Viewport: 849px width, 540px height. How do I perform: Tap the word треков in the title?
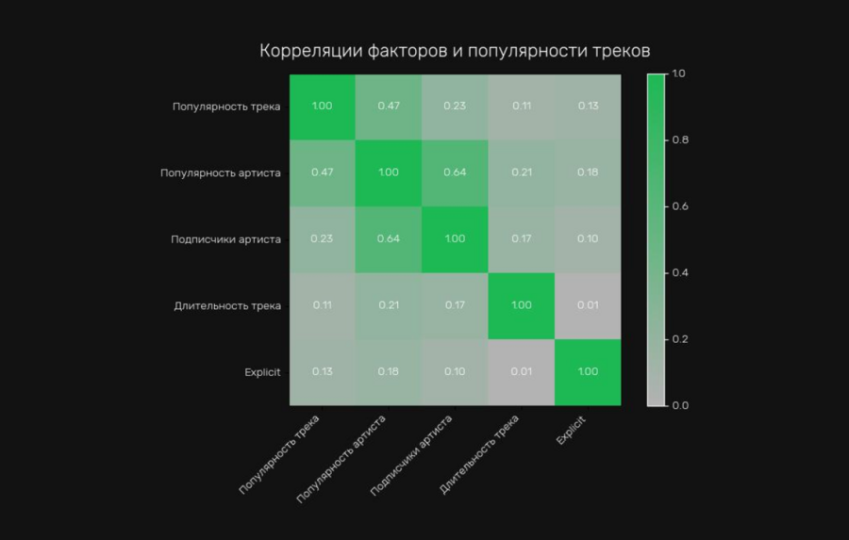coord(619,51)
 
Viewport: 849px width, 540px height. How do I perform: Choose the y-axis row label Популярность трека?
coord(226,106)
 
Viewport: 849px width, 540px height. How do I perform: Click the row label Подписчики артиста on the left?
coord(226,239)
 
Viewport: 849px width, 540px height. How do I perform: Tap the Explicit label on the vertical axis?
coord(262,372)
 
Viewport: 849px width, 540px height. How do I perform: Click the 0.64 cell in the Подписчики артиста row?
coord(389,239)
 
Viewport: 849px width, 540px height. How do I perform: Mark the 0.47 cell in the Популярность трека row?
coord(389,106)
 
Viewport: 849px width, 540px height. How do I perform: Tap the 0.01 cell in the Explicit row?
coord(522,372)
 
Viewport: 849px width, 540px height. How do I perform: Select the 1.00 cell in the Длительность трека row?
coord(522,305)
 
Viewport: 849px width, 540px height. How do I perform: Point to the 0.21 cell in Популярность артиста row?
coord(522,172)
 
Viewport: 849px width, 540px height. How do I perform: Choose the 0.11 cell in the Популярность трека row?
coord(522,106)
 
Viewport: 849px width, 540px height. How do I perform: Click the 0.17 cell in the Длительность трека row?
coord(455,305)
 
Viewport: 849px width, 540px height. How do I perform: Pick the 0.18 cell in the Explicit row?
coord(389,372)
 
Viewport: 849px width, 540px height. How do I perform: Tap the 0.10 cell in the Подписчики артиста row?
coord(588,239)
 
